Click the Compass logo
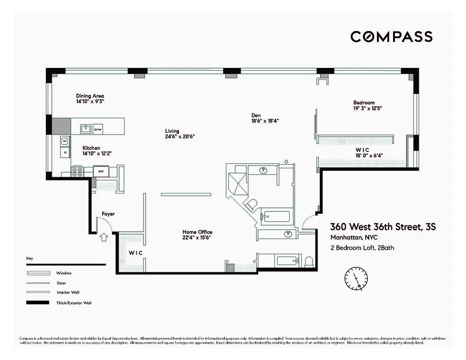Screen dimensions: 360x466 [391, 36]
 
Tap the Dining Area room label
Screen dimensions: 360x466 [90, 96]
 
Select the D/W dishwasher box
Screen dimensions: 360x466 [98, 130]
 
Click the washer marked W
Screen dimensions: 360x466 [65, 141]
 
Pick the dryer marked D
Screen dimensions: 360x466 [65, 153]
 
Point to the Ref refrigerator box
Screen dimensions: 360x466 [101, 171]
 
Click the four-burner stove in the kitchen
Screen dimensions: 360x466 [77, 171]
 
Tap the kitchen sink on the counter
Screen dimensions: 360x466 [85, 129]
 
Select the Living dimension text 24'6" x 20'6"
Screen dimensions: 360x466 [179, 136]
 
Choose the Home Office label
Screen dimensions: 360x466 [197, 232]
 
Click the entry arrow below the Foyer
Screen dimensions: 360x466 [103, 237]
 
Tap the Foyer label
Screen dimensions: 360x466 [108, 214]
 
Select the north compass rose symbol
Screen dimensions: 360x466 [357, 279]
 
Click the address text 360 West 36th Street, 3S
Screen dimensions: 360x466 [383, 227]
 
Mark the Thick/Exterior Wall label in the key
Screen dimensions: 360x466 [74, 303]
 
